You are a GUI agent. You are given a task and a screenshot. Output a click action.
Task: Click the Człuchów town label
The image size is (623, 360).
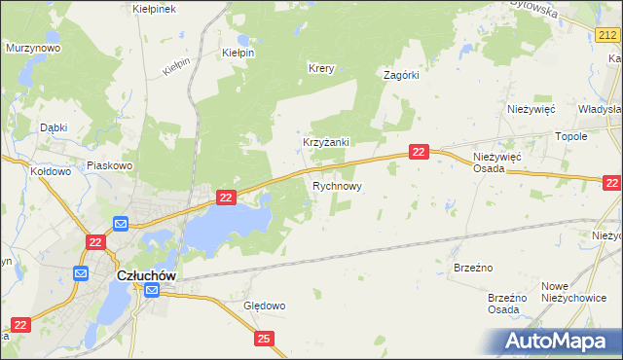(146, 275)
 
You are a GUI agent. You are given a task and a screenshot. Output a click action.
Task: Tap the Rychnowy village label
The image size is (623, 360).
(338, 185)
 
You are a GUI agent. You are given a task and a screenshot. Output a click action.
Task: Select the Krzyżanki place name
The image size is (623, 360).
(325, 142)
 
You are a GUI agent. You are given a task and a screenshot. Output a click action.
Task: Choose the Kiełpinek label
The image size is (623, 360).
(153, 9)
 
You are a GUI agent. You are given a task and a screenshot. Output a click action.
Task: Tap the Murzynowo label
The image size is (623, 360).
(33, 48)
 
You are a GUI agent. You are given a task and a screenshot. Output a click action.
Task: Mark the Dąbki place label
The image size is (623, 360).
(54, 127)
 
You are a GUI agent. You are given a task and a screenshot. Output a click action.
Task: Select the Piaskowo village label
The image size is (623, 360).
(109, 165)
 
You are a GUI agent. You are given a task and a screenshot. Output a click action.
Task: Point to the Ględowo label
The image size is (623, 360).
(264, 306)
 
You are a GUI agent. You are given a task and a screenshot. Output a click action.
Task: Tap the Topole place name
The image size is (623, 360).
(571, 137)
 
